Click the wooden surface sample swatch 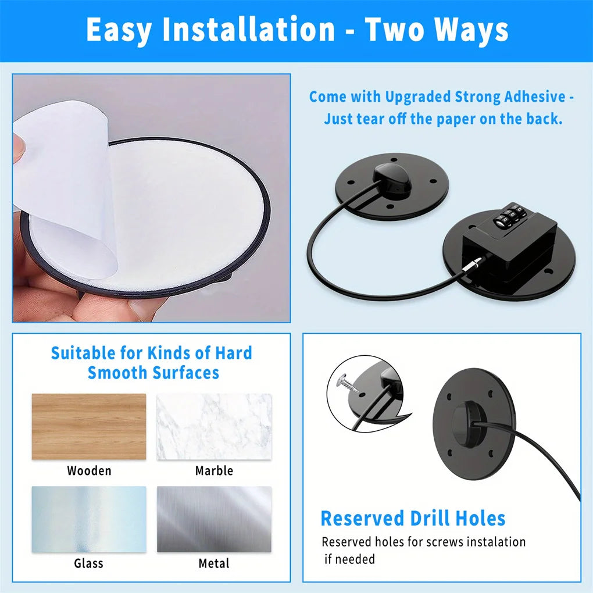(x=89, y=427)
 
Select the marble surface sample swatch (x=214, y=427)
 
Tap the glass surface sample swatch (x=89, y=519)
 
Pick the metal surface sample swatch (x=214, y=519)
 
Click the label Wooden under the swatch (x=90, y=471)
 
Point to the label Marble (x=214, y=471)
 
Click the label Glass (x=88, y=563)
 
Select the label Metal (x=214, y=563)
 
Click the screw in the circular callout (x=348, y=383)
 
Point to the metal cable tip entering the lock (x=474, y=263)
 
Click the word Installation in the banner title (x=249, y=30)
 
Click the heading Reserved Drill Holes (x=413, y=518)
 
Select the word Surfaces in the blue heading (x=185, y=373)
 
